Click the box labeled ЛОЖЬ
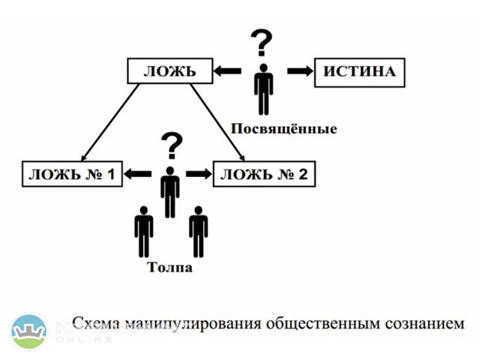[169, 71]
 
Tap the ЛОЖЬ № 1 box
[73, 175]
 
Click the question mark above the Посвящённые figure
[261, 44]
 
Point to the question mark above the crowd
[172, 145]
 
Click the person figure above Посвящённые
[263, 89]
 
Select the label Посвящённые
[283, 129]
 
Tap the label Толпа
[169, 268]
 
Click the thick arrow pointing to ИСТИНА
[299, 71]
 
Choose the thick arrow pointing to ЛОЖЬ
[227, 71]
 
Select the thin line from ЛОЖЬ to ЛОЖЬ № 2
[218, 122]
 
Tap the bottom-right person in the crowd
[198, 232]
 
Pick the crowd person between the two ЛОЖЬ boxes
[171, 192]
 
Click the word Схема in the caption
[96, 324]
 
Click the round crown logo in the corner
[29, 331]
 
